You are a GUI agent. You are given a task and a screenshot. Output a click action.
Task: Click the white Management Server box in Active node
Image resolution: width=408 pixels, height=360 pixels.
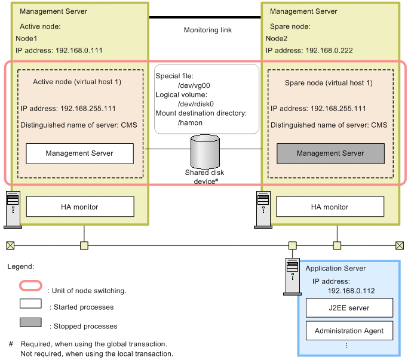click(80, 153)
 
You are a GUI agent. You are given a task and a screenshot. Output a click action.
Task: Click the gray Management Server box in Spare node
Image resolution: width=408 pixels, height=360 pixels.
click(330, 153)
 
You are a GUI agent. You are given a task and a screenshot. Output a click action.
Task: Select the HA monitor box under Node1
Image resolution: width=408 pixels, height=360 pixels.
click(80, 207)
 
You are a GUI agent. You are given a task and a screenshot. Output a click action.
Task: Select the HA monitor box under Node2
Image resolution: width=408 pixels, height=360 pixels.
click(330, 207)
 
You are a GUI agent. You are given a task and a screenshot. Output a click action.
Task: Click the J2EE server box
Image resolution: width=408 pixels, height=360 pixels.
click(349, 308)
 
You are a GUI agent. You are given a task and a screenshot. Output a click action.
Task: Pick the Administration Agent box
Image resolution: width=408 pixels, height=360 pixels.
click(349, 330)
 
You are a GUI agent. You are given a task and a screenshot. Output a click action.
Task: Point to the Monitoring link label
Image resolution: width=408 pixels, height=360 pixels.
click(207, 30)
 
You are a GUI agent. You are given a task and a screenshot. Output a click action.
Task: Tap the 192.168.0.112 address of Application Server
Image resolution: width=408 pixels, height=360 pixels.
click(352, 291)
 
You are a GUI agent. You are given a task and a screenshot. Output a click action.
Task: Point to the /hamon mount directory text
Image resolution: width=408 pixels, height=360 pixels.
click(190, 122)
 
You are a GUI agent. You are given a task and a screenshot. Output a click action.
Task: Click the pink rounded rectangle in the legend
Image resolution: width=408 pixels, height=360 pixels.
click(30, 287)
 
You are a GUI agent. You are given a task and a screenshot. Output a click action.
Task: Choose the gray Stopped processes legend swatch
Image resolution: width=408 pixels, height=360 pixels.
click(30, 322)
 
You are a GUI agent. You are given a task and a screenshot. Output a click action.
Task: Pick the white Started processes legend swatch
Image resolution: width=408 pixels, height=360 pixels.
click(30, 304)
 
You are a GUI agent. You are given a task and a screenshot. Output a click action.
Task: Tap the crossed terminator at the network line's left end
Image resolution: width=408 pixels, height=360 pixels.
click(10, 245)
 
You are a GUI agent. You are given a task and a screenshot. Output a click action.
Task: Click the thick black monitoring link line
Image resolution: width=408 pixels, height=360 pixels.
click(205, 17)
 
